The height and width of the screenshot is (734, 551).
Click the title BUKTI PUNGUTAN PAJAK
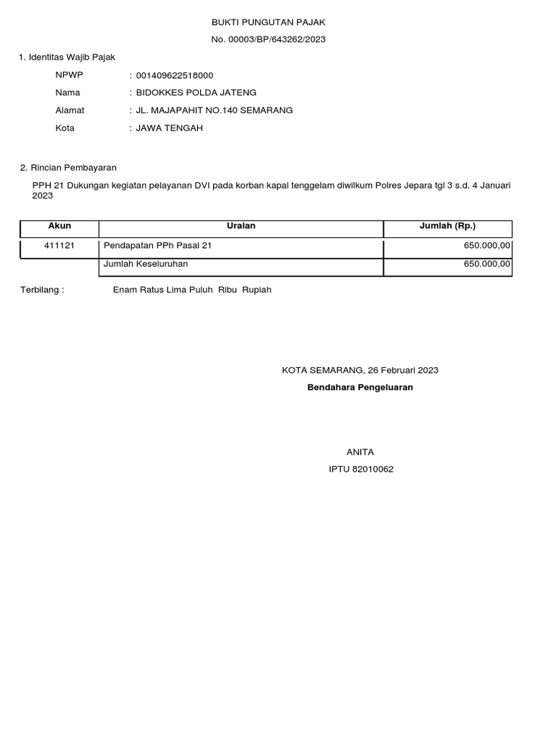[268, 23]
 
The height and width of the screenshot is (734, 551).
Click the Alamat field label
[70, 110]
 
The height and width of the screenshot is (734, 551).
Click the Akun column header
[60, 227]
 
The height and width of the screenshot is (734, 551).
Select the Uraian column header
[241, 227]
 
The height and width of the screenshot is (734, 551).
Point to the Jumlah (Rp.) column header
[448, 227]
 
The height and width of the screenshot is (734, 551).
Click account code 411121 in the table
[60, 246]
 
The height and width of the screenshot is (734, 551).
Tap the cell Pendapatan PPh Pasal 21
[158, 246]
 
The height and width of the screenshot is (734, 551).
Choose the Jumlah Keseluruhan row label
[146, 264]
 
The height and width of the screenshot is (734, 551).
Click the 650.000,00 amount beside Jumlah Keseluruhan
[487, 264]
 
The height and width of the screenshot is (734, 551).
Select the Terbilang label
[42, 290]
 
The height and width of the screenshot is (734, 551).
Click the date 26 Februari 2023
[402, 371]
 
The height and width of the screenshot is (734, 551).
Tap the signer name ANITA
[360, 452]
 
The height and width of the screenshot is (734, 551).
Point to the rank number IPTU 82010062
[361, 470]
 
